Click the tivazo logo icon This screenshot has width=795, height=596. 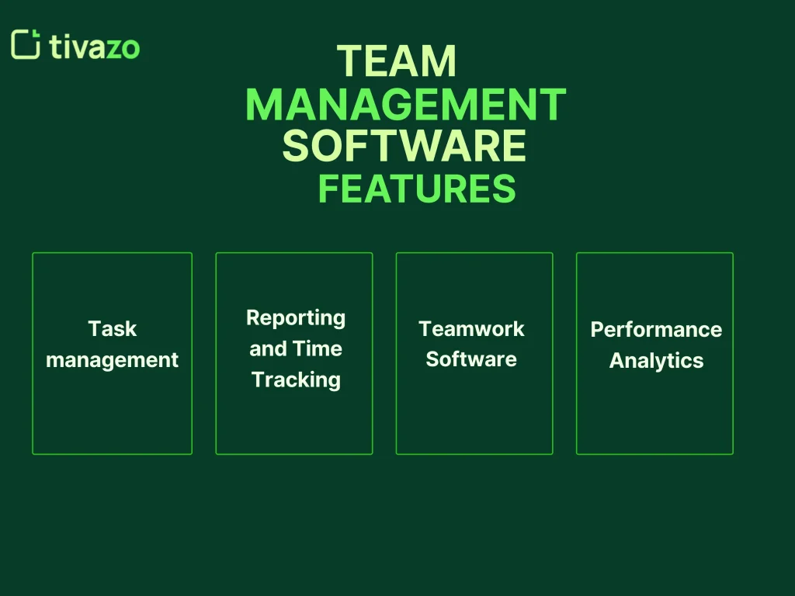[26, 44]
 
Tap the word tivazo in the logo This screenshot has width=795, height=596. [94, 46]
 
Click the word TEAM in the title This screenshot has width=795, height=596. [397, 61]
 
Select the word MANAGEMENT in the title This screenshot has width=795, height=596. [405, 105]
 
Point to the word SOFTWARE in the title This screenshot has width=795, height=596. [404, 147]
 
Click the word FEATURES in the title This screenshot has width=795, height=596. [417, 189]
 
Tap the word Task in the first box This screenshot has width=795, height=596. [112, 329]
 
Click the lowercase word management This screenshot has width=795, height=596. [112, 360]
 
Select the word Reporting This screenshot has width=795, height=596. [295, 317]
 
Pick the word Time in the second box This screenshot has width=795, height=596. [318, 348]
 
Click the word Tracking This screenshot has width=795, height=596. [296, 379]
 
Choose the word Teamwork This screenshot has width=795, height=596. [471, 329]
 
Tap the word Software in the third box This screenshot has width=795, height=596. [471, 359]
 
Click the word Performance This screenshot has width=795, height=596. [656, 330]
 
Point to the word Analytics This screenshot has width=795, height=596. [656, 361]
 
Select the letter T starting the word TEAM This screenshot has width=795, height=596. [349, 61]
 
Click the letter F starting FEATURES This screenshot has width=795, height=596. [328, 189]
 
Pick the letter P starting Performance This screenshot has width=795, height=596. [597, 330]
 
